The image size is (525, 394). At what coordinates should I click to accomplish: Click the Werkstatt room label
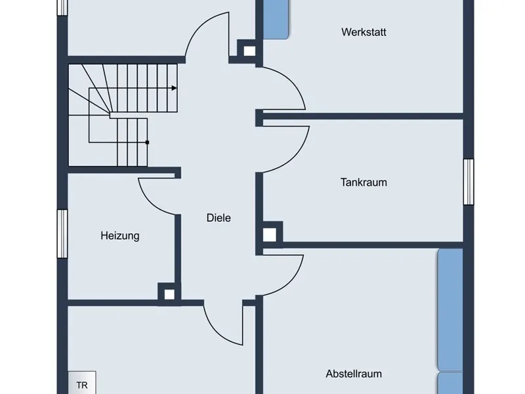pos(363,32)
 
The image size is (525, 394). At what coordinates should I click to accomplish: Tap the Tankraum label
pos(363,182)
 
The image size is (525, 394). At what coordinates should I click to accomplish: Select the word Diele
pos(219,218)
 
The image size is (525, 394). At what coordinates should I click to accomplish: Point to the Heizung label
pos(119,235)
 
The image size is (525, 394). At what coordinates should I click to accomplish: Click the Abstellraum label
pos(354,374)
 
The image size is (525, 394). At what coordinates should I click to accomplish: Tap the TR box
pos(82,385)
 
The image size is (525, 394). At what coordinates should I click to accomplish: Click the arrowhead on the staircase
pos(174,88)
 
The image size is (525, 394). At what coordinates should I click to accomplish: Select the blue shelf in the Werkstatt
pos(276,19)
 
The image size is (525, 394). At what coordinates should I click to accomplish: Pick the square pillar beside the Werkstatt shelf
pos(249,50)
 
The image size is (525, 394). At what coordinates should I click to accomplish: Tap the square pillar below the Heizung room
pos(169,294)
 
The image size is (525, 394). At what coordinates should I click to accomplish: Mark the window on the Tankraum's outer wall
pos(469,182)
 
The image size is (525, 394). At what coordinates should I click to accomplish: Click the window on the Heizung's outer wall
pos(62,234)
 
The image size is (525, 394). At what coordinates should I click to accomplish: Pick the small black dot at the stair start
pos(148,142)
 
